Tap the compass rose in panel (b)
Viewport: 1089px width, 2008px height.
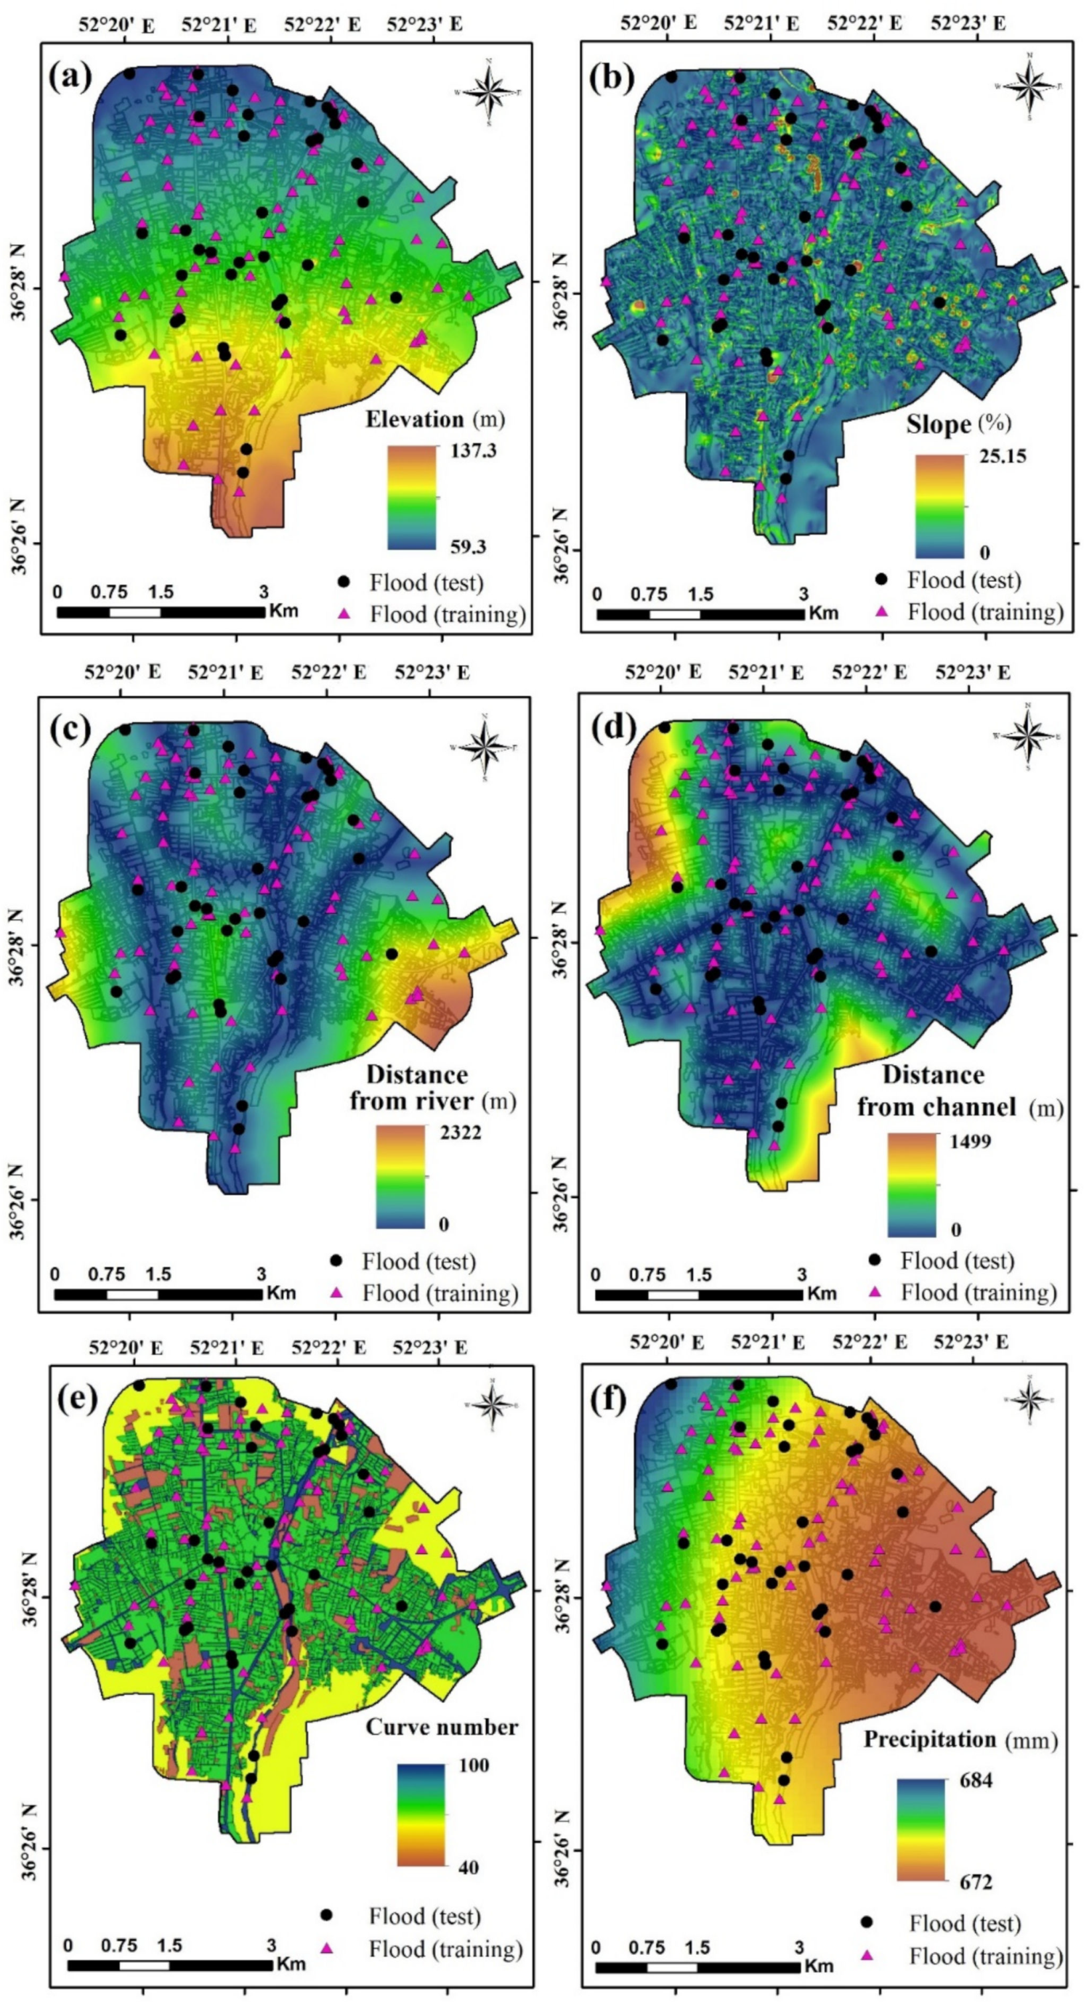tap(1030, 86)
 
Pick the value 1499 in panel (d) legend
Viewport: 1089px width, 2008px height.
tap(970, 1141)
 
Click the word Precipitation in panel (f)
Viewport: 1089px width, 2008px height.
tap(930, 1740)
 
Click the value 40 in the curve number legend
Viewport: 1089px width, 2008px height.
tap(468, 1866)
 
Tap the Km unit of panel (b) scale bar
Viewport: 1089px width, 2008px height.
tap(823, 612)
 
